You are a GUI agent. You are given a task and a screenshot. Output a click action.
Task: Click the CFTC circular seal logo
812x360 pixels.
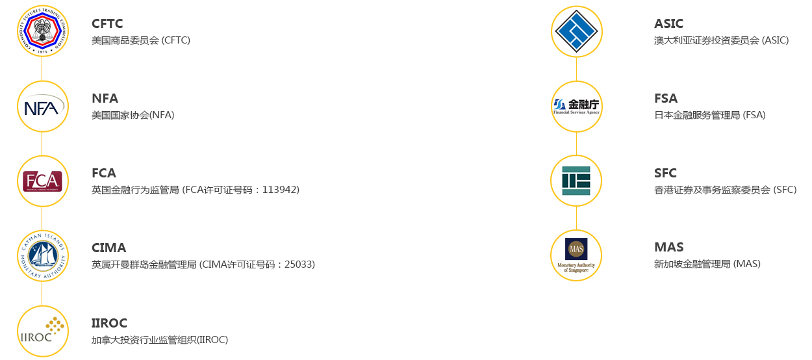click(42, 31)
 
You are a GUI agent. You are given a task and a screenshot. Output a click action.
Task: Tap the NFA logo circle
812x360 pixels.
click(42, 107)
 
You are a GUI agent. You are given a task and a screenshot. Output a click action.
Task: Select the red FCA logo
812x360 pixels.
click(42, 181)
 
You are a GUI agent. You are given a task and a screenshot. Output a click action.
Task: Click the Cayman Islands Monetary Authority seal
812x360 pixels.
click(42, 256)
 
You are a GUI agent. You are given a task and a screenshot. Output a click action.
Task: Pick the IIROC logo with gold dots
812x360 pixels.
click(42, 331)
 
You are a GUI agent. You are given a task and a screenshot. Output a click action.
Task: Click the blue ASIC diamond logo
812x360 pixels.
click(576, 31)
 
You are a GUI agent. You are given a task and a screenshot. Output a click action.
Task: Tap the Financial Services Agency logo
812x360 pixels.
click(576, 106)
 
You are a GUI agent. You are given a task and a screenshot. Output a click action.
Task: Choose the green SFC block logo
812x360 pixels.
click(576, 181)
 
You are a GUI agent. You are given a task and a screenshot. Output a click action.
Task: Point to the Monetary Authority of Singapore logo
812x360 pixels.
click(576, 255)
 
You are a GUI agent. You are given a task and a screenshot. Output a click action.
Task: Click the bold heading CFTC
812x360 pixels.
click(107, 24)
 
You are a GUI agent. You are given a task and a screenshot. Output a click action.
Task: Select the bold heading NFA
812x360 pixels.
click(105, 99)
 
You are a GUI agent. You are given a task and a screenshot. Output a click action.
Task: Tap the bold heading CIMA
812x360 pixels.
click(108, 248)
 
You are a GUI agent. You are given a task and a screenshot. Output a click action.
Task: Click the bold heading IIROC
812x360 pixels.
click(109, 323)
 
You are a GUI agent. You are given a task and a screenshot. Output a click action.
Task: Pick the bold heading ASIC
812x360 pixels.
click(668, 24)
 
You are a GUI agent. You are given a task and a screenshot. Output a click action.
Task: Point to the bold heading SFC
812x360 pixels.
click(665, 174)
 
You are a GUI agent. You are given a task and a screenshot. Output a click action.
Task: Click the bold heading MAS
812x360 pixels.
click(668, 248)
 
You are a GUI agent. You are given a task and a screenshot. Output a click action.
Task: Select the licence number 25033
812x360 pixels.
click(299, 264)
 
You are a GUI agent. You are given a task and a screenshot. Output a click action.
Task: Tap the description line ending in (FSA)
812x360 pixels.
click(709, 115)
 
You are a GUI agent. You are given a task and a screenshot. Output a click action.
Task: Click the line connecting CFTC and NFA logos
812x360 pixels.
click(42, 69)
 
